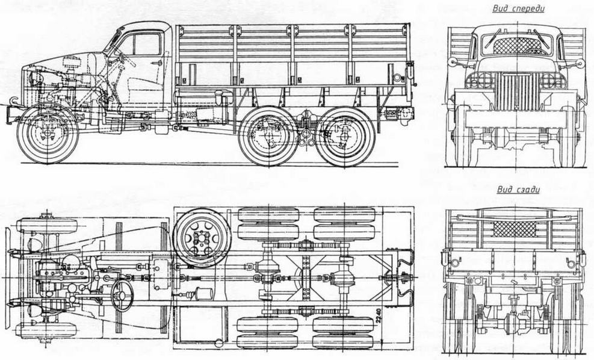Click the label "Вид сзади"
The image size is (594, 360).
point(518,190)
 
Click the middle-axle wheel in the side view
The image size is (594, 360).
point(268,137)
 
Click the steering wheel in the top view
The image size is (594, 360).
point(122,293)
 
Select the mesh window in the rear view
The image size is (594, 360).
point(513,229)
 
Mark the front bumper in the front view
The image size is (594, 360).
point(516,118)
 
